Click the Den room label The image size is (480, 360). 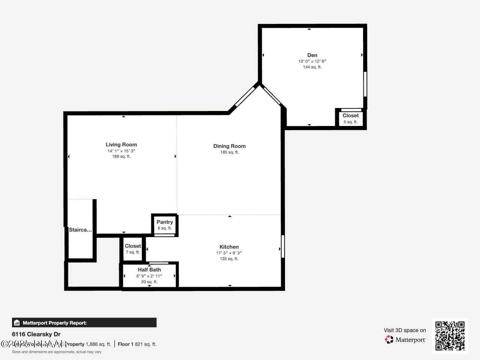coord(312,55)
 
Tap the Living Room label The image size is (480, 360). coord(121,144)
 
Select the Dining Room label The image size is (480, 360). coord(229,146)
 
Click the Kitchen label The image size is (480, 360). coord(229,247)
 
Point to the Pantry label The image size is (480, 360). coord(165,222)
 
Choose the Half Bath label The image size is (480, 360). coord(149,270)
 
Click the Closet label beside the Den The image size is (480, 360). coord(351,115)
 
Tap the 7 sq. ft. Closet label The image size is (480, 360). coord(133,246)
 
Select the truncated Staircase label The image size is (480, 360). coord(80,230)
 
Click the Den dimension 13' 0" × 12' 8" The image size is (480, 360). coord(312,61)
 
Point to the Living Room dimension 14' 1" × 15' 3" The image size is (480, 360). coord(121,151)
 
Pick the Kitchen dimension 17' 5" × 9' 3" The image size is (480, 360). coord(229,253)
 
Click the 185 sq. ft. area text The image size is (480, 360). coord(229,152)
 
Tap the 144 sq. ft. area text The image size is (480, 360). coord(312,67)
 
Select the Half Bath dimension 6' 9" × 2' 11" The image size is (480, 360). coord(149,276)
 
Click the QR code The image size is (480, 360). coord(450,336)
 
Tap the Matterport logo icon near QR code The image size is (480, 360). coord(389,340)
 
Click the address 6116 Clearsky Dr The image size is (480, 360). coord(36,334)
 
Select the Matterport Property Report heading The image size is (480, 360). coord(54,322)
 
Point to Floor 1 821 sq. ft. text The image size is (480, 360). coord(137,344)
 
